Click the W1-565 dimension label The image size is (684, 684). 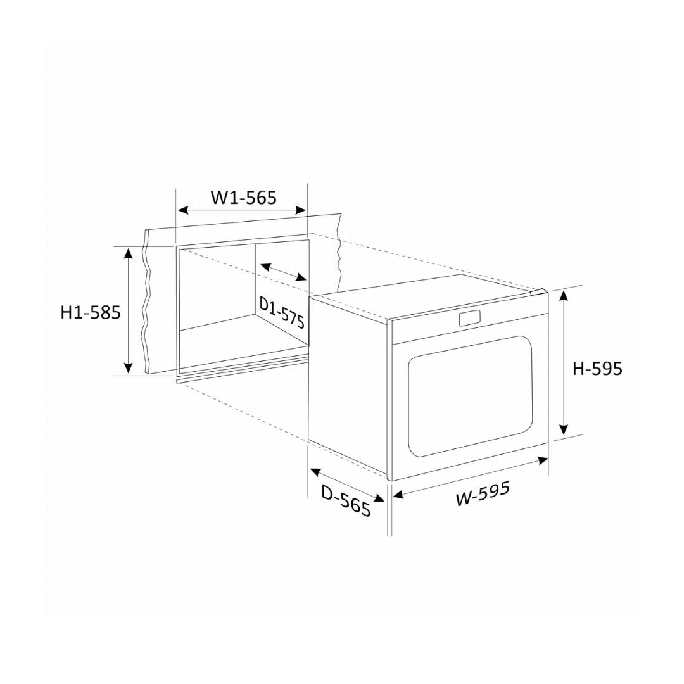tap(243, 198)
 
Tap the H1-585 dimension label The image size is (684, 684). tap(91, 312)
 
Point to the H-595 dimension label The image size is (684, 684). tap(597, 369)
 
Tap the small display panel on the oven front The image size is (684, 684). tap(470, 318)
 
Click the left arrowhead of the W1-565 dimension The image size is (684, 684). tap(183, 210)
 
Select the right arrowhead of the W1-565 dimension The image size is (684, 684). tap(301, 210)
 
